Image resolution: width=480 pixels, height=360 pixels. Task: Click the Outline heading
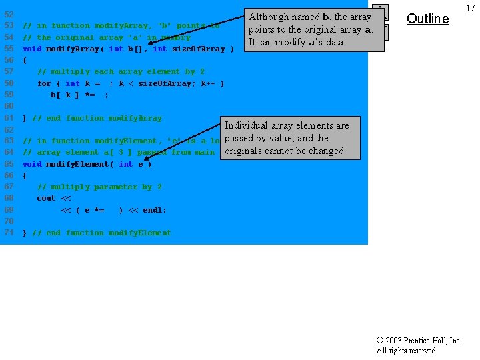coord(427,19)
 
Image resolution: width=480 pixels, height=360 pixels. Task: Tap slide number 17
coord(471,8)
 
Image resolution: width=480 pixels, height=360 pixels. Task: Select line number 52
coord(9,14)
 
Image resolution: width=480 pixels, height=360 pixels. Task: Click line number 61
coord(9,118)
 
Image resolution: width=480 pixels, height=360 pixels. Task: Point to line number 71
coord(9,233)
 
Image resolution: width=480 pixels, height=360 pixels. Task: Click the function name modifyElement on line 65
coord(79,164)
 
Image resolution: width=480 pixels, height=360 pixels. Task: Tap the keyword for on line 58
coord(44,83)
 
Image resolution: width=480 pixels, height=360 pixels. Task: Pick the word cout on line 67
coord(46,198)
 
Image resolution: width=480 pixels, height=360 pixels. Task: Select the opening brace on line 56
coord(25,60)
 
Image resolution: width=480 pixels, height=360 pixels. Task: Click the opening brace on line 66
coord(25,175)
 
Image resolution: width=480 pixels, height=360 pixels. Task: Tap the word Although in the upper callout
coord(269,17)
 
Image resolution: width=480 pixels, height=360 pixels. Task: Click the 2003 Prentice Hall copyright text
coord(419,340)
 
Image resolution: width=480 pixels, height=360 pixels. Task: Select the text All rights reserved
coord(407,351)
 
